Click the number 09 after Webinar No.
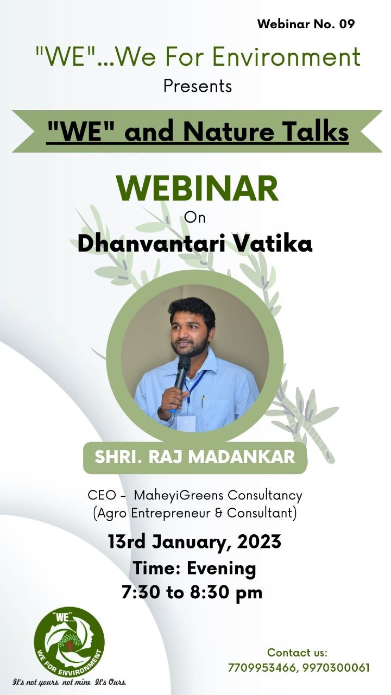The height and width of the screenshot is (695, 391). (x=346, y=24)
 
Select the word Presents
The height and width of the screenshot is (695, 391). (x=198, y=86)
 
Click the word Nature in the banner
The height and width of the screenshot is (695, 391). (x=229, y=131)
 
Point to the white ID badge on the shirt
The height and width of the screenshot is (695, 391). (x=186, y=423)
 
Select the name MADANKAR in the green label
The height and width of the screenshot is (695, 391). (x=242, y=457)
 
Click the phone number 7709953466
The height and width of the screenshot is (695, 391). (x=262, y=668)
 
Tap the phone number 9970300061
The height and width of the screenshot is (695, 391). (x=336, y=667)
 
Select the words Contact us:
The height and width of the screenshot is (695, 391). (x=297, y=653)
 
